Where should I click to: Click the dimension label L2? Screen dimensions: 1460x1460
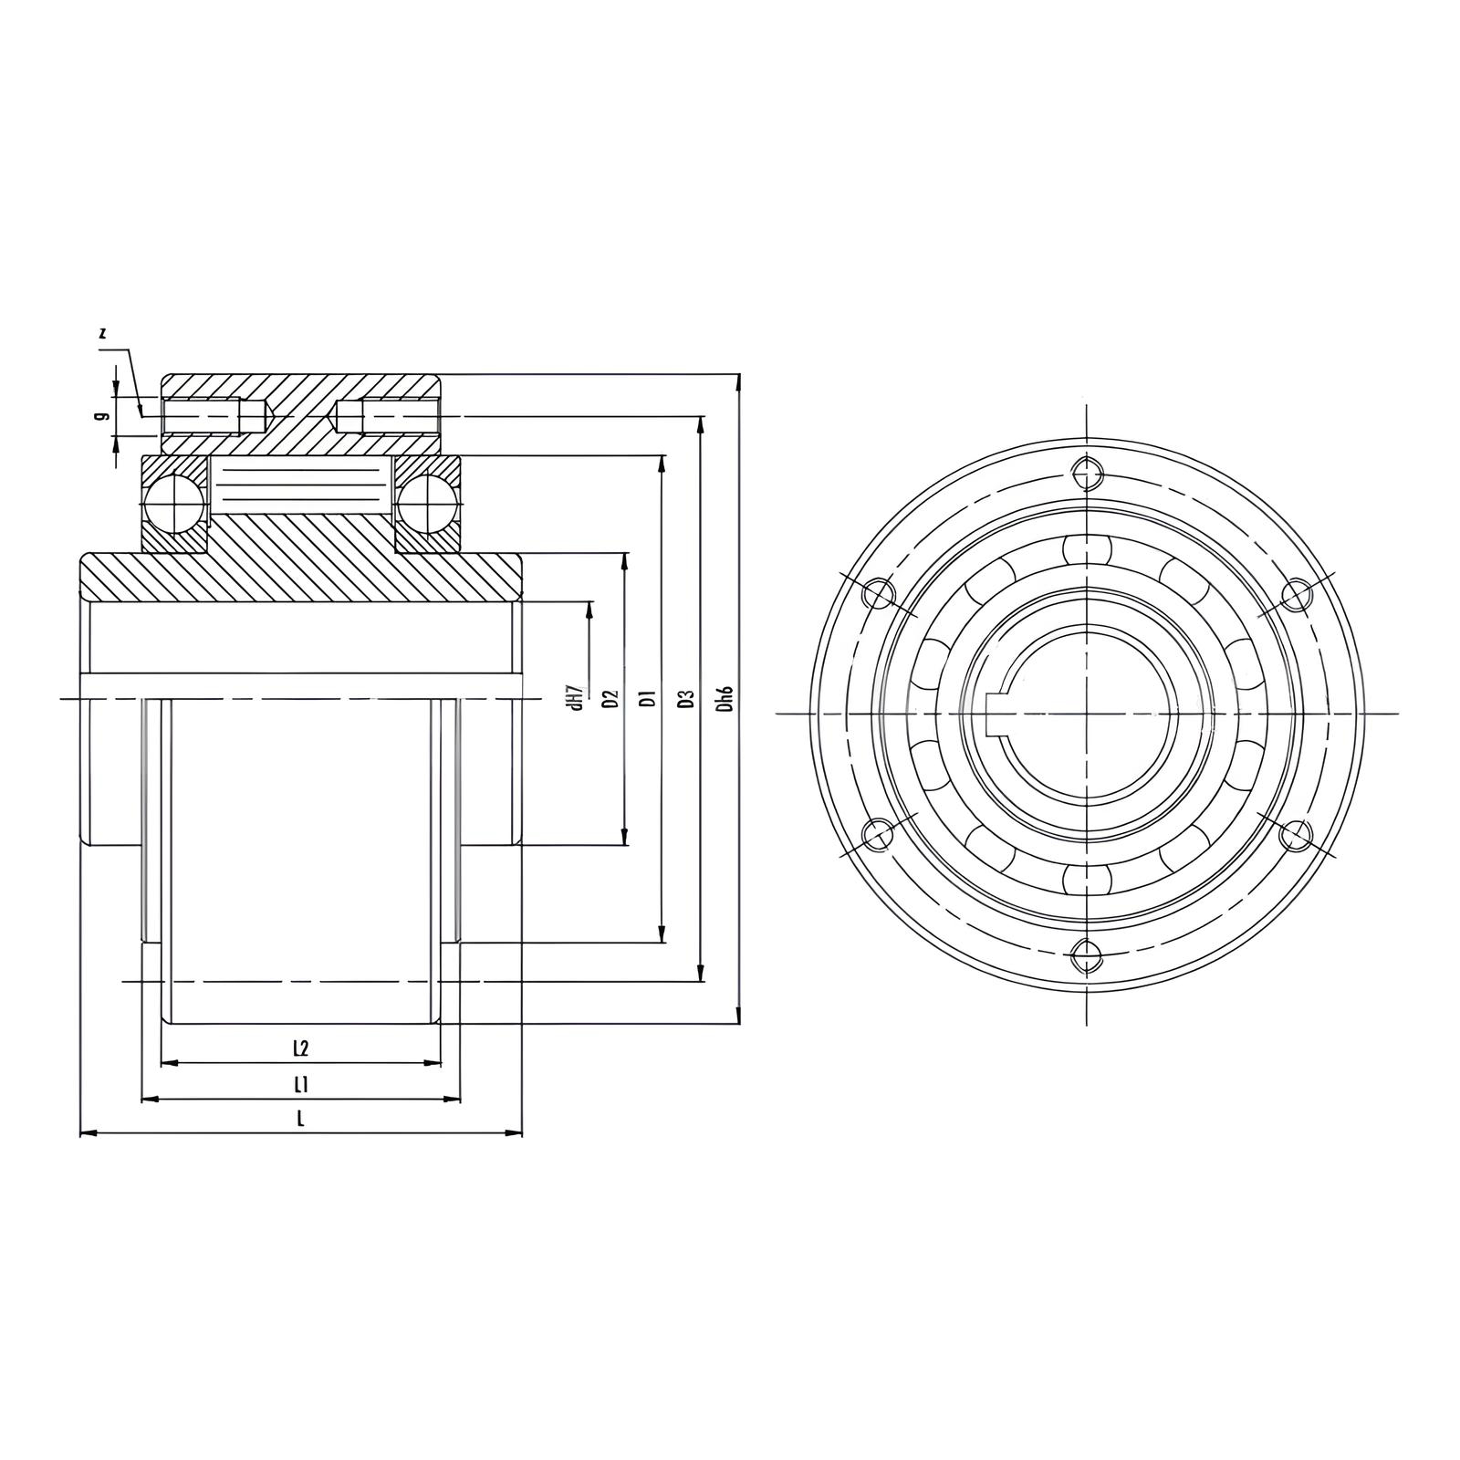[300, 1048]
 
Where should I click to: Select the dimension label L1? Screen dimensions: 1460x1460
[300, 1085]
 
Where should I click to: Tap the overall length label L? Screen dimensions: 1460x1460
[299, 1119]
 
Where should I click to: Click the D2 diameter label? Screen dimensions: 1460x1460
[611, 698]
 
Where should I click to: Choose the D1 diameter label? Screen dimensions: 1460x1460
[648, 698]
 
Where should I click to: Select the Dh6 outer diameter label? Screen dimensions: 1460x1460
[725, 699]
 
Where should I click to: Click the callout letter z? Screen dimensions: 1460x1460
[103, 334]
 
